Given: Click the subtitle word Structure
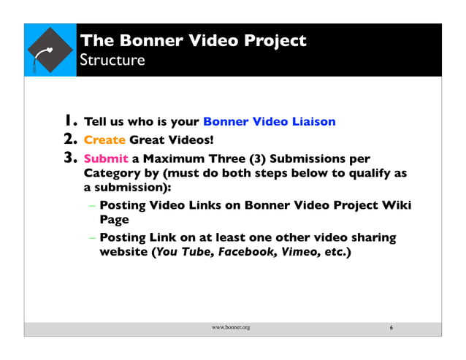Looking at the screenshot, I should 112,59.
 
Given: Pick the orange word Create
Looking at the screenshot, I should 105,139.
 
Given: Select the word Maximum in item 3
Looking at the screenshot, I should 174,158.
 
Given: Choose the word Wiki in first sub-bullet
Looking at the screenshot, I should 397,205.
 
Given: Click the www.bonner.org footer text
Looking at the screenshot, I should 231,328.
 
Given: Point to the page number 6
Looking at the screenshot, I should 391,328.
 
